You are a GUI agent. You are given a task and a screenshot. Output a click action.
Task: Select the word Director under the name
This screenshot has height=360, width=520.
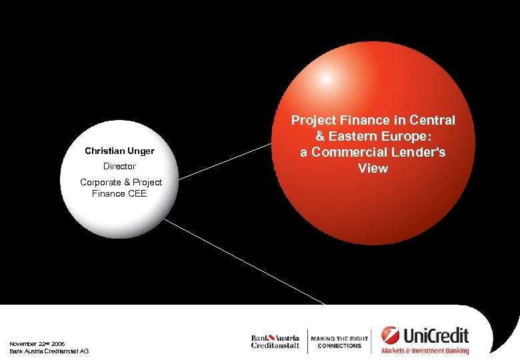click(119, 167)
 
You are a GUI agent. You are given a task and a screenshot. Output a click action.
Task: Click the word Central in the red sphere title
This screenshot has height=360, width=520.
click(433, 121)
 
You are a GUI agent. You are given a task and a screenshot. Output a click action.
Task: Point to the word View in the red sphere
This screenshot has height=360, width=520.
click(373, 169)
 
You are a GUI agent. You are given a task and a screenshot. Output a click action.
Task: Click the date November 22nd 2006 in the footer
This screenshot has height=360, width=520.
click(37, 344)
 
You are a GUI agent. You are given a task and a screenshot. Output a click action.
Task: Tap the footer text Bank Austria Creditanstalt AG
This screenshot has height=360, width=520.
click(49, 351)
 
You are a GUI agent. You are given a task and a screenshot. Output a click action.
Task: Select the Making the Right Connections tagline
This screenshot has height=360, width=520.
click(339, 342)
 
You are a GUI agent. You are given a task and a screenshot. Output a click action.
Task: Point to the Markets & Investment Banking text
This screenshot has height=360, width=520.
click(425, 351)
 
